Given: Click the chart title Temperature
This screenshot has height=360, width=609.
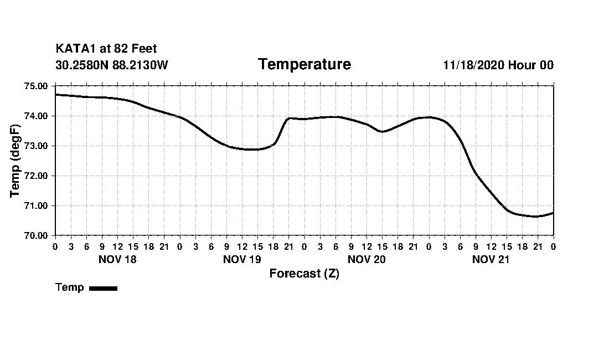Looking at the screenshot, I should [x=304, y=65].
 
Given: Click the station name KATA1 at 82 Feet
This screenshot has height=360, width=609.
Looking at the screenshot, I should [x=106, y=49].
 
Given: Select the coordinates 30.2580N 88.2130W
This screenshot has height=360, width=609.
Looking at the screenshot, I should [x=112, y=65].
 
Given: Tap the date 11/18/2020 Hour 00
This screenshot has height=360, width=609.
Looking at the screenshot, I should [x=498, y=65].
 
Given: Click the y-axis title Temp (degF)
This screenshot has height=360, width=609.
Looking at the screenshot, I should [x=15, y=161].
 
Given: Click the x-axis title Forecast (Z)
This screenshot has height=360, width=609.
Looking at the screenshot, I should [x=304, y=274].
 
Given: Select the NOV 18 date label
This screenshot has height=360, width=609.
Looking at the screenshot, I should [x=117, y=259].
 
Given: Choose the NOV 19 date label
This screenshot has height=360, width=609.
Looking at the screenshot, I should [x=242, y=259].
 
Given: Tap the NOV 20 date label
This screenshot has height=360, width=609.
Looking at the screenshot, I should [x=367, y=259].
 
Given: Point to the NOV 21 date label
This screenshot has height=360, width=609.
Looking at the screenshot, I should [x=491, y=259].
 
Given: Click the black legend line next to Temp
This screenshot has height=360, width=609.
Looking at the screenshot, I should [x=104, y=288].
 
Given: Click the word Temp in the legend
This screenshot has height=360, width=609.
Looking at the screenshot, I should [x=70, y=287].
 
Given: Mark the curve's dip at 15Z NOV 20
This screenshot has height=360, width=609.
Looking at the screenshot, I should [x=382, y=131].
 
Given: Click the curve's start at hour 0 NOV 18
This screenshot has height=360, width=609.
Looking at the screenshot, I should [x=56, y=95].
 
